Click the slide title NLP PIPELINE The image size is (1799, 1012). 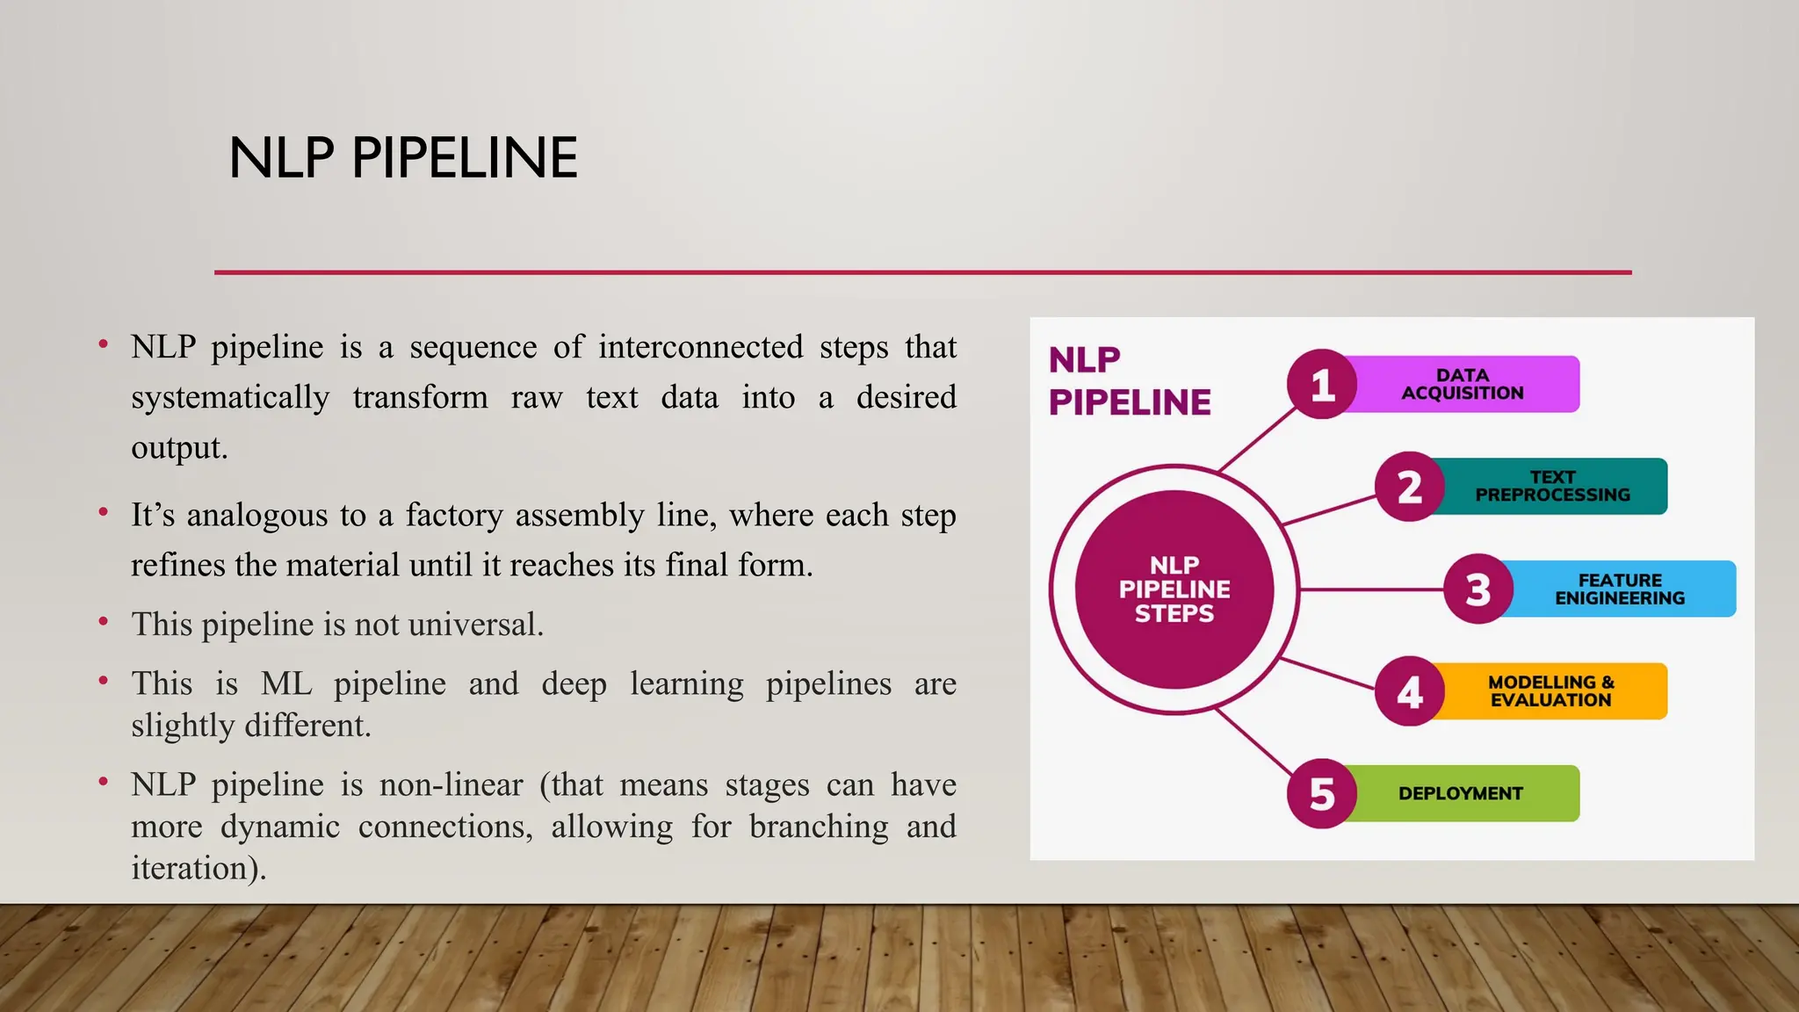pyautogui.click(x=403, y=158)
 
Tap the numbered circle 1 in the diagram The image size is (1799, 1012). pyautogui.click(x=1322, y=384)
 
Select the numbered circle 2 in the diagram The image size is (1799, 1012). pyautogui.click(x=1409, y=487)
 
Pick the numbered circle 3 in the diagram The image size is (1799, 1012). pyautogui.click(x=1478, y=589)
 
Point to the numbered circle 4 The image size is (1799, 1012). pyautogui.click(x=1409, y=691)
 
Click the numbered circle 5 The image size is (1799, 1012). pyautogui.click(x=1322, y=793)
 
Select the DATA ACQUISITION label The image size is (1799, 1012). pyautogui.click(x=1463, y=384)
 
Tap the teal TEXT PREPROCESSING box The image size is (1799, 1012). pyautogui.click(x=1552, y=486)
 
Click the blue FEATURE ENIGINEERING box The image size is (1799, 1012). pyautogui.click(x=1620, y=589)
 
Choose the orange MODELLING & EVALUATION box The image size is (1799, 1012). pyautogui.click(x=1550, y=691)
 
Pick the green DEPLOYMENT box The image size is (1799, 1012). pyautogui.click(x=1460, y=793)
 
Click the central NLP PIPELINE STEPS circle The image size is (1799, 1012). pyautogui.click(x=1174, y=589)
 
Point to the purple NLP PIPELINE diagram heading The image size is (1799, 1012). pyautogui.click(x=1130, y=380)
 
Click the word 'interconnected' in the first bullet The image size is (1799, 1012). pyautogui.click(x=700, y=347)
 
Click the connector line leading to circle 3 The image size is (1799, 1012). pyautogui.click(x=1370, y=589)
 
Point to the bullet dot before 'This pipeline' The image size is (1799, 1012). pyautogui.click(x=104, y=622)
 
